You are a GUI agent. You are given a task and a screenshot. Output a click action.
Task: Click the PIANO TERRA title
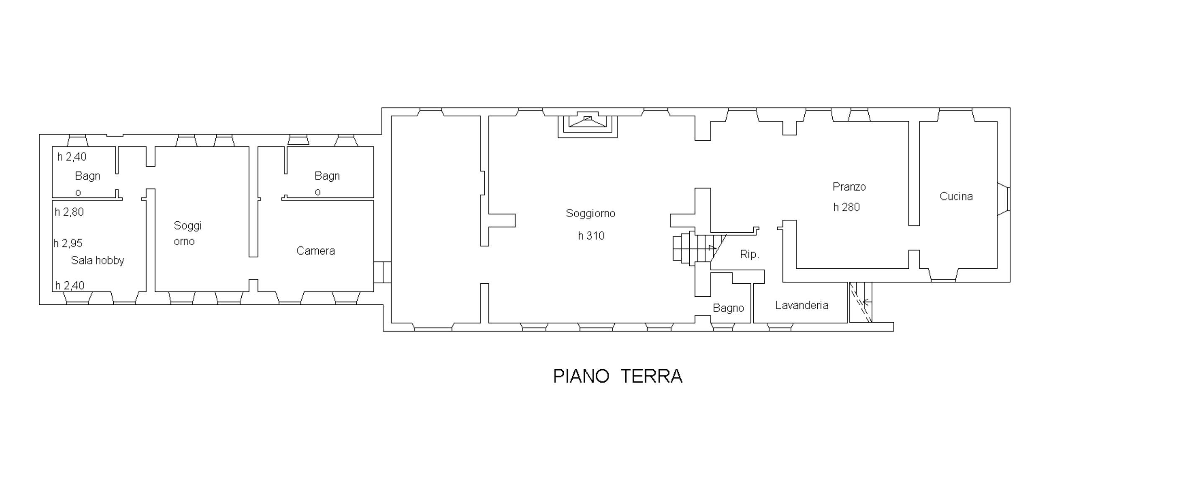point(618,376)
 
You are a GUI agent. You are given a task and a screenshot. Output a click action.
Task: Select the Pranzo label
point(849,187)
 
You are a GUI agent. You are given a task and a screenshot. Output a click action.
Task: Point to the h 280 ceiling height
point(847,207)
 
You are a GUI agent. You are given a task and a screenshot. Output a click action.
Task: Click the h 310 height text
point(591,236)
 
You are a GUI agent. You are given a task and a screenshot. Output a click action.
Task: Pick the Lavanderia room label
point(802,306)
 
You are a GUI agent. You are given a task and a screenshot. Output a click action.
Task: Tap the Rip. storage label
point(749,254)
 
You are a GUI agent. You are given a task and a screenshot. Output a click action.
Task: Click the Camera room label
point(315,251)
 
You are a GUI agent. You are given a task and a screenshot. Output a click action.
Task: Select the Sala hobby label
point(98,260)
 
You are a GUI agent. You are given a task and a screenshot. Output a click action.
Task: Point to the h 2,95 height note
point(68,243)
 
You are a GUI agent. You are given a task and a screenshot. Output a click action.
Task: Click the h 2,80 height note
point(69,212)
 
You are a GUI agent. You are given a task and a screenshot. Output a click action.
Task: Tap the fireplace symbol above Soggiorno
point(587,125)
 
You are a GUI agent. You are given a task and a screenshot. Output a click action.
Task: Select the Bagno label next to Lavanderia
point(728,308)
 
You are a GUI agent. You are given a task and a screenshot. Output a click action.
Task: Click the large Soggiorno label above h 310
point(590,213)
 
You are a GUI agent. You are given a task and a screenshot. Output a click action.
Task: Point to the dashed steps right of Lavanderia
point(860,302)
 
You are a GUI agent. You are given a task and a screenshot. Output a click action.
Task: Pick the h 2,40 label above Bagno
point(72,157)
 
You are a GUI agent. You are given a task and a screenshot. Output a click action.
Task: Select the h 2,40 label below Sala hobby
point(70,285)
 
